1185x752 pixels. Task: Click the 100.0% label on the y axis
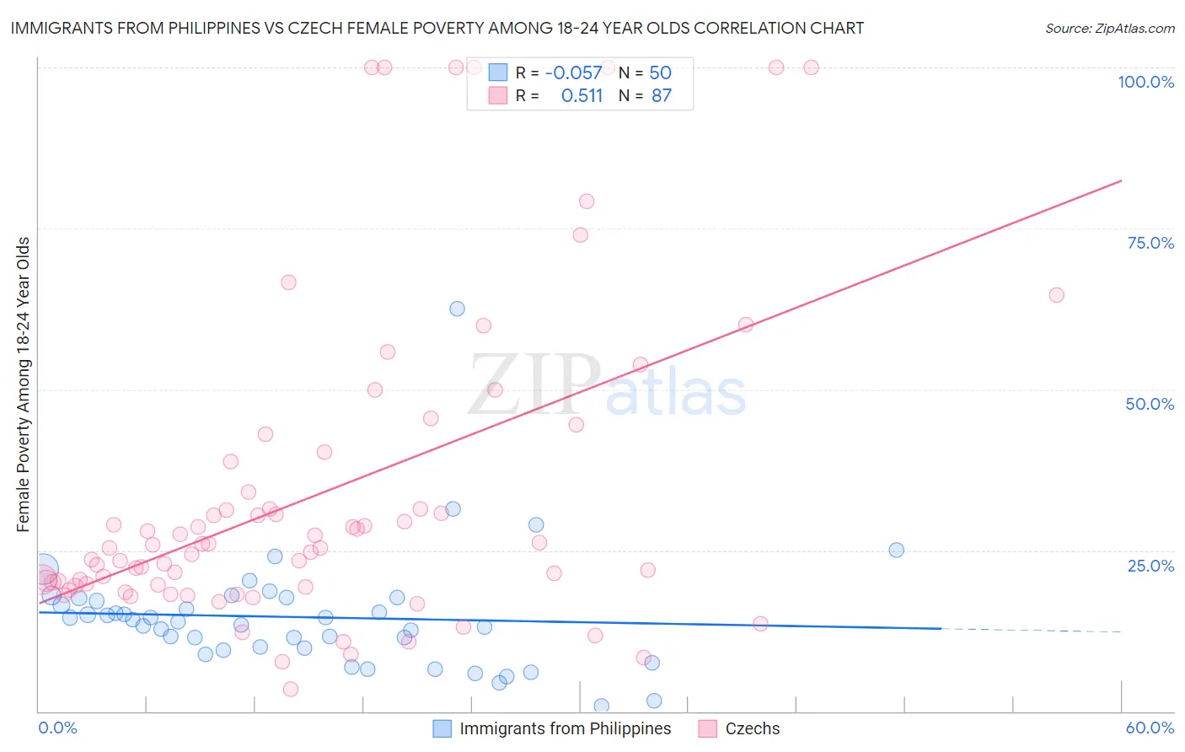(x=1145, y=82)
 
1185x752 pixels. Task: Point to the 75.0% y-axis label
(x=1150, y=243)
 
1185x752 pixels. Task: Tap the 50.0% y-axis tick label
(x=1150, y=404)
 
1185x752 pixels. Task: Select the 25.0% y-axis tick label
(x=1150, y=566)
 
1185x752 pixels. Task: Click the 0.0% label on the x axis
(x=57, y=728)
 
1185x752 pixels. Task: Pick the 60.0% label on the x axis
(x=1150, y=728)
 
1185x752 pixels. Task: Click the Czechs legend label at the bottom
(x=752, y=728)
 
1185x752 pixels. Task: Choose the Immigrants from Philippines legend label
(x=565, y=728)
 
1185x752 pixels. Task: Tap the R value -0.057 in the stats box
(x=573, y=73)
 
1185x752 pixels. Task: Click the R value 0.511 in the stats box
(x=582, y=96)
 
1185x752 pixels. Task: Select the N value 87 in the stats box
(x=662, y=96)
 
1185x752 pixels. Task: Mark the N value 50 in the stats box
(x=660, y=73)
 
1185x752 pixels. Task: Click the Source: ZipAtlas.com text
(x=1109, y=29)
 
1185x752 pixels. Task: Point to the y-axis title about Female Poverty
(x=24, y=384)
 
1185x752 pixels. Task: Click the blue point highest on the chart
(x=457, y=309)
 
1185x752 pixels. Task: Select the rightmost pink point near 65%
(x=1056, y=295)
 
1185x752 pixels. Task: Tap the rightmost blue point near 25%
(x=896, y=550)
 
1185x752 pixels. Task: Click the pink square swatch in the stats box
(x=498, y=96)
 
